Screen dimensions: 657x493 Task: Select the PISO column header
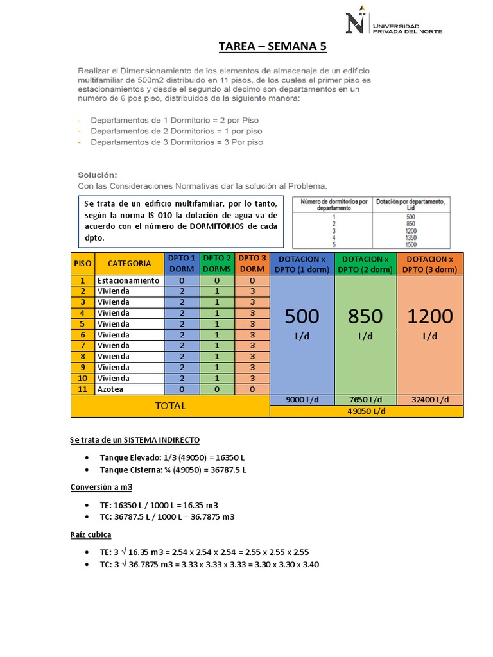(82, 263)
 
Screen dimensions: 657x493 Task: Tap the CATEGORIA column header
(130, 263)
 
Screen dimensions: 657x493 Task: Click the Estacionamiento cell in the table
(128, 280)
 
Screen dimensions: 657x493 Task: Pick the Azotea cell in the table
(110, 389)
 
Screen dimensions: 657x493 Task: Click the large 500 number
(302, 316)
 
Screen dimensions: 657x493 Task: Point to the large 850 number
(365, 316)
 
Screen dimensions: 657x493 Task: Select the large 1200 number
(429, 316)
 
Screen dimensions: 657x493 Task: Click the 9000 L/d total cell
(302, 400)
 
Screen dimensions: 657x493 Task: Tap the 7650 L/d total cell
(365, 400)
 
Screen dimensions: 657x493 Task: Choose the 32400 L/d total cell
(429, 400)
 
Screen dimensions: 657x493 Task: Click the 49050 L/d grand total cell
(366, 411)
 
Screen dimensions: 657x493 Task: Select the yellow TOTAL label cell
(170, 405)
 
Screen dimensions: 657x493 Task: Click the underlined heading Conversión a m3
(101, 487)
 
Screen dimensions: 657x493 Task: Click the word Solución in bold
(98, 174)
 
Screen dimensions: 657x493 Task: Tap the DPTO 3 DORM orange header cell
(252, 263)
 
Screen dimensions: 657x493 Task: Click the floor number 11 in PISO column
(82, 389)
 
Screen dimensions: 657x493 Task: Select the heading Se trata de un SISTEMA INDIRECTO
(134, 439)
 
